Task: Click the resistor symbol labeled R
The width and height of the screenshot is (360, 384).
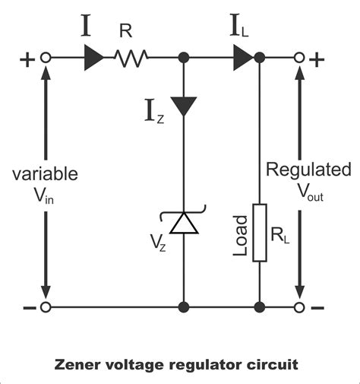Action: (x=132, y=57)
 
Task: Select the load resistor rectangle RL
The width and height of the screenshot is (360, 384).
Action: (x=260, y=233)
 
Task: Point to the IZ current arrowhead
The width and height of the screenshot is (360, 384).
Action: (x=182, y=103)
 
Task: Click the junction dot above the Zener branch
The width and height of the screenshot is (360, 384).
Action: (x=182, y=57)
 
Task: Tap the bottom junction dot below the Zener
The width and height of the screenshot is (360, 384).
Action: (x=182, y=307)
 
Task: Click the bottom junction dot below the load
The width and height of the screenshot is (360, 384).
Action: (x=260, y=307)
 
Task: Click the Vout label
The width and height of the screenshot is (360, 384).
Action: (x=309, y=194)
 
